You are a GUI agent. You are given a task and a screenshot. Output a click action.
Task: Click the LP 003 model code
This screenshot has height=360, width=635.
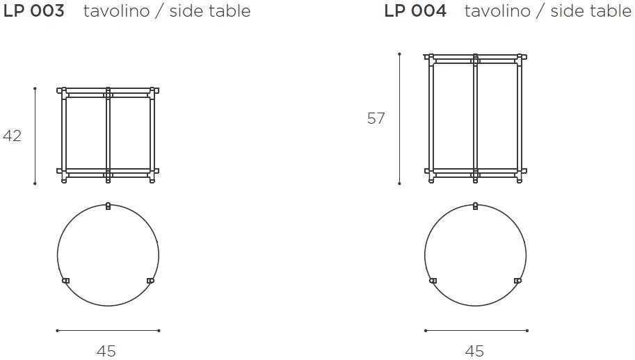[x=33, y=11]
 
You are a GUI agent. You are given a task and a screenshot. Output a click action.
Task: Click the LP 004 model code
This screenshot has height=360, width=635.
[x=415, y=11]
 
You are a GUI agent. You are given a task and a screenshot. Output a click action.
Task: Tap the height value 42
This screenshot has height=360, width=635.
[x=12, y=136]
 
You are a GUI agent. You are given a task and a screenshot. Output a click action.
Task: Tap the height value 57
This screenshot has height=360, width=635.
[x=376, y=118]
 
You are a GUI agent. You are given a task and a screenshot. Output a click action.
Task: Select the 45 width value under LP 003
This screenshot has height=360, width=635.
[x=106, y=351]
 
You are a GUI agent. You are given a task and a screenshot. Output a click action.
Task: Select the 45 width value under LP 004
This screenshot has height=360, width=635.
[x=474, y=351]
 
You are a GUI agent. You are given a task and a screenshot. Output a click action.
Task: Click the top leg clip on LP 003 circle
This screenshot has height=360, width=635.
[x=108, y=206]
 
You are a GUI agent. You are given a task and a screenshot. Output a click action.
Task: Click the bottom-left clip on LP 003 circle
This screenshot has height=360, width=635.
[x=65, y=281]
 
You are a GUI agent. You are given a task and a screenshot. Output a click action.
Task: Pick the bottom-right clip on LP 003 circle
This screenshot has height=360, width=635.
[x=150, y=281]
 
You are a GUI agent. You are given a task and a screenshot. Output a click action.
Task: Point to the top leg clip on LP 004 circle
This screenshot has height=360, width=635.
[x=476, y=206]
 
